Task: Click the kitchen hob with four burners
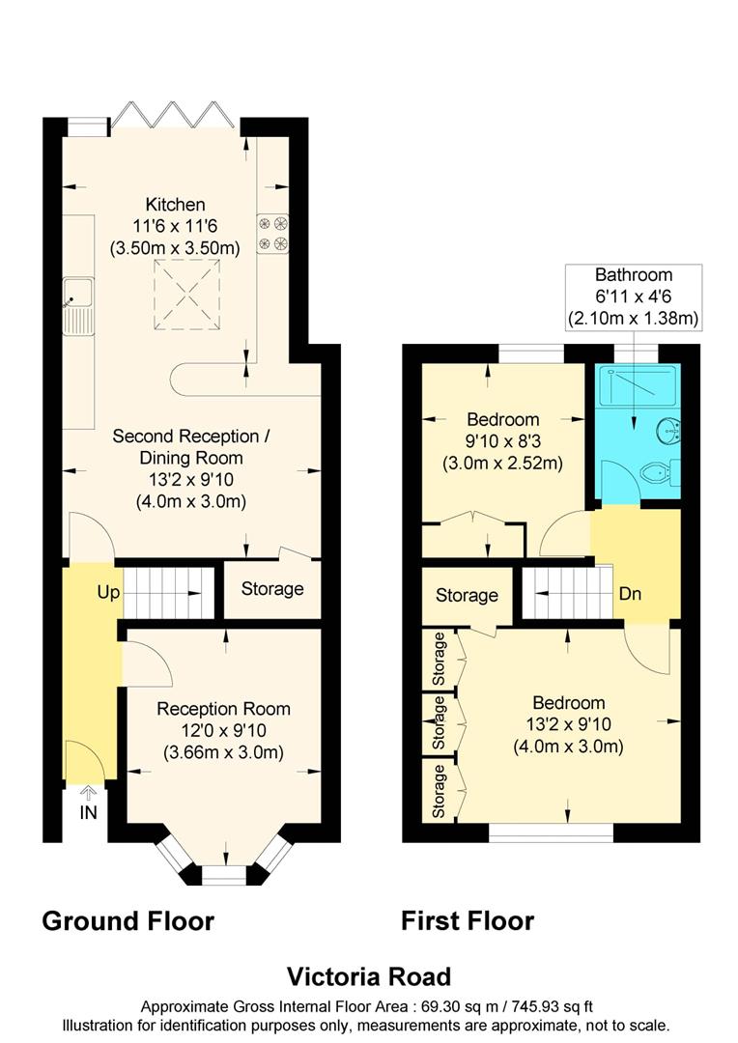click(x=272, y=232)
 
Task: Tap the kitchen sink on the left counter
click(x=78, y=305)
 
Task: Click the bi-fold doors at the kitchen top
click(x=173, y=115)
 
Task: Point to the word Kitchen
click(x=175, y=204)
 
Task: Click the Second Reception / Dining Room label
click(x=190, y=447)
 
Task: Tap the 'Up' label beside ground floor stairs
click(x=107, y=592)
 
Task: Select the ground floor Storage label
click(x=271, y=589)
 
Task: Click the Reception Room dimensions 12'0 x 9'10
click(x=223, y=730)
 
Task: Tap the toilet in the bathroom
click(x=661, y=472)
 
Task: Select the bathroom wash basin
click(x=668, y=432)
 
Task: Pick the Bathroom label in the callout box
click(x=633, y=274)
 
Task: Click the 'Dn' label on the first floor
click(x=630, y=594)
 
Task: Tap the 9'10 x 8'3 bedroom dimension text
click(x=502, y=441)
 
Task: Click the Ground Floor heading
click(x=128, y=920)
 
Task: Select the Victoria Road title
click(x=368, y=976)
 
